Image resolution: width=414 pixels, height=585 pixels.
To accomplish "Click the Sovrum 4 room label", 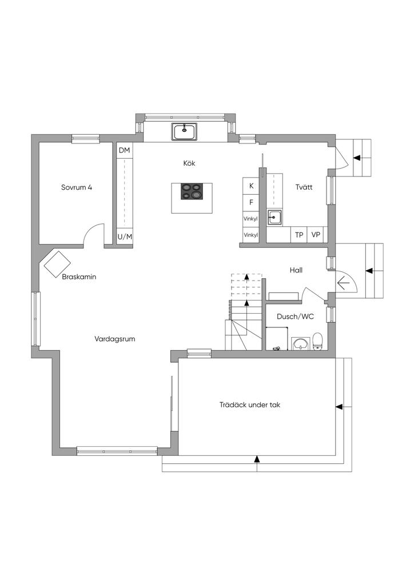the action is tap(77, 187).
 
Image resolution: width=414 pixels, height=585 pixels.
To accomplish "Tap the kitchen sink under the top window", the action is tap(185, 132).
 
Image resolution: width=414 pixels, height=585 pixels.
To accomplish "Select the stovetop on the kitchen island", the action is tap(190, 192).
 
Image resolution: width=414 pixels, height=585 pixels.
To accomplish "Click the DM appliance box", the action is tap(124, 150).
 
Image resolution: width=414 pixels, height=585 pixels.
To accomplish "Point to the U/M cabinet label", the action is tap(125, 237).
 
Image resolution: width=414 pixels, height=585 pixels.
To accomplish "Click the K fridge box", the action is tap(251, 186).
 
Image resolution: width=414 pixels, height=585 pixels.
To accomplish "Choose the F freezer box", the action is tap(251, 202).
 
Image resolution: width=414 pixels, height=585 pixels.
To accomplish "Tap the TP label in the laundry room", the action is tap(299, 235).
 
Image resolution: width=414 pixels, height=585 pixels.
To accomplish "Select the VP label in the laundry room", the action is tap(316, 235).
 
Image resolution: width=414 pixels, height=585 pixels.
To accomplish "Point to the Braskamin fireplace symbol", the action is tap(57, 263).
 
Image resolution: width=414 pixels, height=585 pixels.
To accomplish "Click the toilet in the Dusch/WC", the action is tap(318, 342).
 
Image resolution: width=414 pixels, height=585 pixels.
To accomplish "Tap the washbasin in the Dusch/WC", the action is tap(300, 343).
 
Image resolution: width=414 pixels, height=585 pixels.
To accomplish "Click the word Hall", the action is tap(296, 270).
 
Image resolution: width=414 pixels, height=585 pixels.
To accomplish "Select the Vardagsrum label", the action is tap(114, 339).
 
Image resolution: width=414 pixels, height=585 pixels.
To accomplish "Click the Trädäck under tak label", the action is tap(250, 405).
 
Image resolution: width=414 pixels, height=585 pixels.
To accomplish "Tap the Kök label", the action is tap(189, 163).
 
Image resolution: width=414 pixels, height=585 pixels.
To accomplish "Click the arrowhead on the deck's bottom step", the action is tap(257, 459).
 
